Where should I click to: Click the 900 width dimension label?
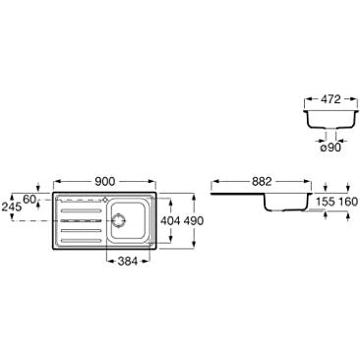(x=104, y=181)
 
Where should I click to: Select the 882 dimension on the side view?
(x=262, y=181)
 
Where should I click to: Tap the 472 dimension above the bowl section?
(x=330, y=99)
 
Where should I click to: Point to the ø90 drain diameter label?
(x=330, y=148)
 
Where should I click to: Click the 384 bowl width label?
(x=127, y=261)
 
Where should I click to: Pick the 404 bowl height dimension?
(x=170, y=221)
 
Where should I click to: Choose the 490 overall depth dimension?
(x=193, y=221)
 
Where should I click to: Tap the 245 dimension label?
(x=12, y=207)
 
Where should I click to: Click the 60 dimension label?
(x=30, y=199)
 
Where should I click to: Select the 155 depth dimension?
(x=326, y=202)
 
